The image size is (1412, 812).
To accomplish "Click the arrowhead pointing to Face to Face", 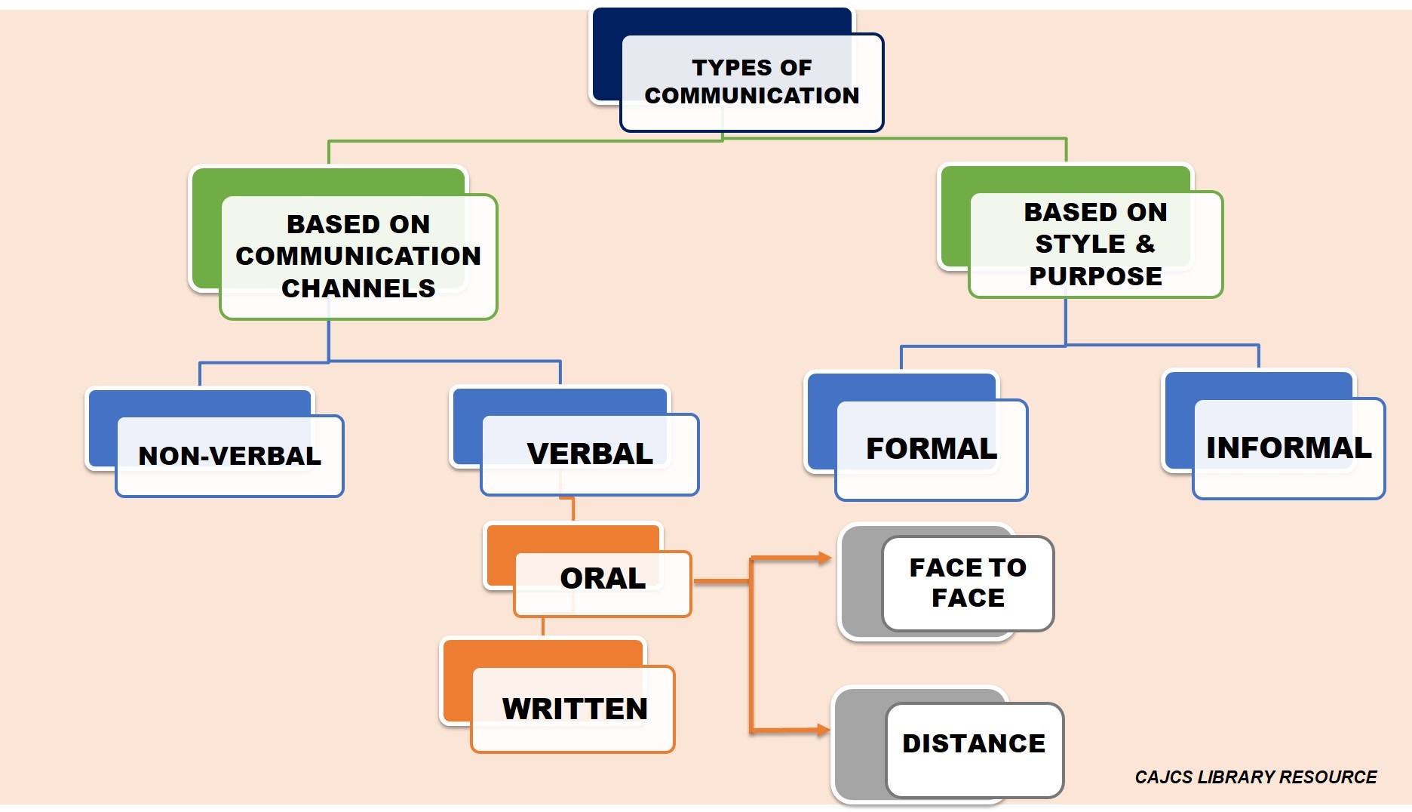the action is pos(825,558).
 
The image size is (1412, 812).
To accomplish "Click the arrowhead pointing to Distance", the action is pos(824,730).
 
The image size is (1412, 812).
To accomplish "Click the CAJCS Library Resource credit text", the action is pos(1256,777).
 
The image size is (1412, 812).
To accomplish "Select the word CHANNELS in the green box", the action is pos(358,288).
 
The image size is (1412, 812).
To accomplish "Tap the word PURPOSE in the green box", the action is pos(1096,276).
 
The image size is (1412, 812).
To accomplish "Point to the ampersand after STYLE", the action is pos(1145,244).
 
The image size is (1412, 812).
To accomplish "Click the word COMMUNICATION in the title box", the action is pos(752,96).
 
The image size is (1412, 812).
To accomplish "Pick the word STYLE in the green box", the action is pos(1080,244).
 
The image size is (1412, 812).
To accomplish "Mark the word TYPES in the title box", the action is pos(730,68).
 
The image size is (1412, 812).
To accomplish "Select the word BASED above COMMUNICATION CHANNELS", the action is pos(325,224).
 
